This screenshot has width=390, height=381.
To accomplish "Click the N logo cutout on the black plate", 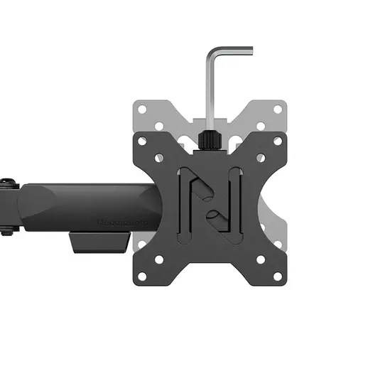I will (x=211, y=202).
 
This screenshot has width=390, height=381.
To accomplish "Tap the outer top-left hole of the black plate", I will (x=141, y=141).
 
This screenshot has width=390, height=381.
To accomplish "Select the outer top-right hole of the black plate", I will (x=280, y=141).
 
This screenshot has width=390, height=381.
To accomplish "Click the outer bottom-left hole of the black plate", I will (x=141, y=277).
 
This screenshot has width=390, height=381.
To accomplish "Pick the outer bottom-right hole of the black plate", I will (x=280, y=277).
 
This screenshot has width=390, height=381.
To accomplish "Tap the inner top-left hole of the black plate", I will (x=161, y=158).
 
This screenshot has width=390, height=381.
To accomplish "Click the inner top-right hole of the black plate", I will (x=261, y=158).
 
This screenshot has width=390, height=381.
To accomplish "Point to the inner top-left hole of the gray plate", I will (x=161, y=126).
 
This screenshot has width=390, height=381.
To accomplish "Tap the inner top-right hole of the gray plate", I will (x=261, y=126).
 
